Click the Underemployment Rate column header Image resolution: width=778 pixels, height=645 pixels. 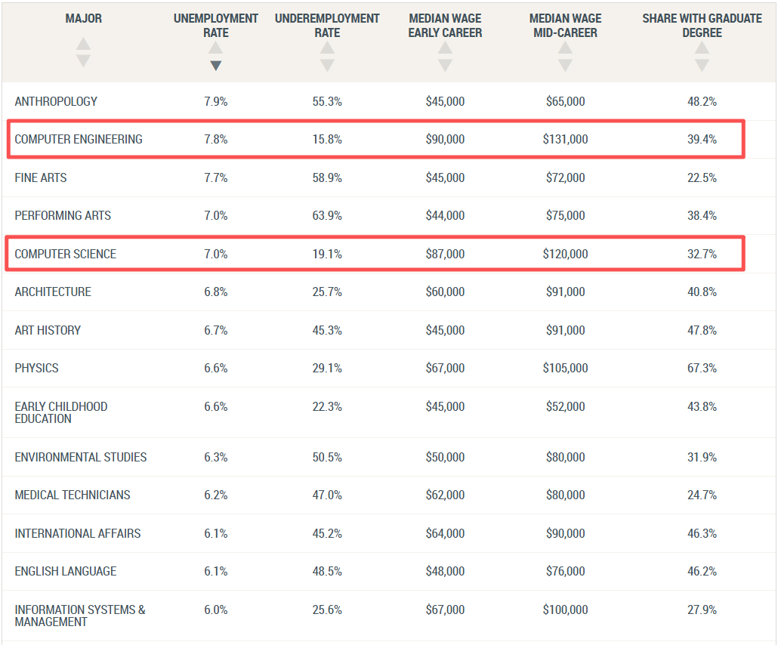tap(327, 26)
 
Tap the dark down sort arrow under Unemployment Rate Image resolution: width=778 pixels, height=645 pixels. tap(215, 66)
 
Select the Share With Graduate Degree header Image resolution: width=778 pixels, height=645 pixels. tap(702, 26)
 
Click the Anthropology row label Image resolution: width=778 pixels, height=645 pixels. tap(56, 101)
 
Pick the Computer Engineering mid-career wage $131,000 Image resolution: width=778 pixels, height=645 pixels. tap(565, 140)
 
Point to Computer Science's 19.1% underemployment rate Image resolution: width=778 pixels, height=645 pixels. tap(327, 254)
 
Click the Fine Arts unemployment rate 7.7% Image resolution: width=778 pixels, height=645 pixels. tap(216, 177)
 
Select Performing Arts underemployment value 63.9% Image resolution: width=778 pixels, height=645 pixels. tap(327, 215)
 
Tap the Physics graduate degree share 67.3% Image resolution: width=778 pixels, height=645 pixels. tap(702, 368)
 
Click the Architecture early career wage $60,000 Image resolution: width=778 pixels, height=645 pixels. tap(445, 292)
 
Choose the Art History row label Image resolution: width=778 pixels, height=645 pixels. tap(48, 331)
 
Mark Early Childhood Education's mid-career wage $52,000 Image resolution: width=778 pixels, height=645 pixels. tap(565, 407)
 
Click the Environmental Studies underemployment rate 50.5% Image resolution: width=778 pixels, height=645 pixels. tap(327, 457)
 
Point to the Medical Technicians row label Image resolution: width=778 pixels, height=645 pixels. tap(73, 495)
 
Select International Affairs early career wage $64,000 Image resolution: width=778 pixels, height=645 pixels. tap(445, 533)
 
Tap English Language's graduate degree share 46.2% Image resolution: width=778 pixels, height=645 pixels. tap(702, 572)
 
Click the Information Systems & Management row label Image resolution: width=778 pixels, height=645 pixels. tap(80, 616)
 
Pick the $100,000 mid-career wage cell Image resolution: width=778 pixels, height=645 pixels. tap(565, 610)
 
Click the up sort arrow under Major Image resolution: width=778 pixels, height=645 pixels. tap(83, 44)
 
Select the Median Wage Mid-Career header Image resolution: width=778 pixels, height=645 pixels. tap(565, 26)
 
